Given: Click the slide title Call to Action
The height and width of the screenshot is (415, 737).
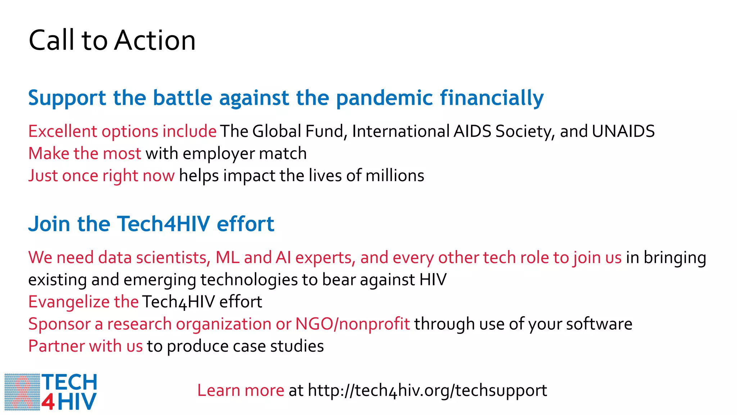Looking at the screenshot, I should click(x=112, y=40).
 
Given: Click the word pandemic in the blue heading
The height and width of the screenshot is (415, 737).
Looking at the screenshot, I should click(x=384, y=98).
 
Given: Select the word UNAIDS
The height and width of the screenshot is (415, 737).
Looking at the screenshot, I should click(x=623, y=131).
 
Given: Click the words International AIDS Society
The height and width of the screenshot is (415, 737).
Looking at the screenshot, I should click(x=421, y=131).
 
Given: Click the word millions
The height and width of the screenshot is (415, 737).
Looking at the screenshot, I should click(x=395, y=176).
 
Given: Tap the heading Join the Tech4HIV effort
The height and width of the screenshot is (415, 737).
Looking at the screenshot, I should click(x=151, y=224).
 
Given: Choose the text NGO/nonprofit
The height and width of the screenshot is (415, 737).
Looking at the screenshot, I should click(x=352, y=324).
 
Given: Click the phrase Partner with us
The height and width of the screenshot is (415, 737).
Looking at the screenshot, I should click(x=86, y=346).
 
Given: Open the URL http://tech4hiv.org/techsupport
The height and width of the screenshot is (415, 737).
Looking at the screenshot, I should click(x=427, y=391).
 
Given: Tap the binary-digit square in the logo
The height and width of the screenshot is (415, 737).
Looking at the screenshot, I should click(x=22, y=392).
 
